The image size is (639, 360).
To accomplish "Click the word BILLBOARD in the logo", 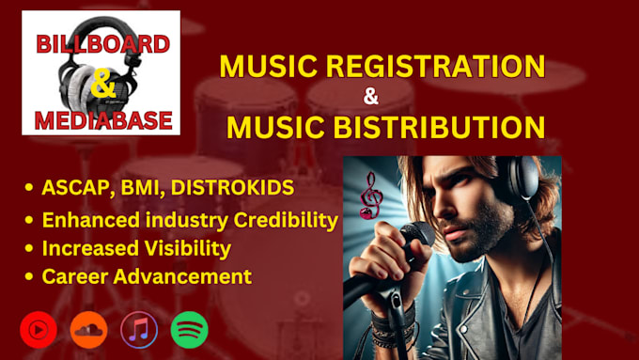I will click(x=101, y=43).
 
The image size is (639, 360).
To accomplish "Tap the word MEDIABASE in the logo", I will click(x=101, y=119).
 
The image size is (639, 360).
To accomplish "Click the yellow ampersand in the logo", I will click(x=101, y=82).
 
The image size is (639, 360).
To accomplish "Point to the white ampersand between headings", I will click(x=370, y=96).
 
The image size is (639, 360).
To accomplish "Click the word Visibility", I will click(x=188, y=249).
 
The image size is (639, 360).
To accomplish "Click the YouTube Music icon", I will click(x=39, y=329).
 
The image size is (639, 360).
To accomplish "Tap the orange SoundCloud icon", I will click(x=89, y=329).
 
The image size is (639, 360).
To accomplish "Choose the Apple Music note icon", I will click(x=139, y=329).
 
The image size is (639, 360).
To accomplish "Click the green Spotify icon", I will click(x=189, y=329).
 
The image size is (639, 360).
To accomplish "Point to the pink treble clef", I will click(x=371, y=195).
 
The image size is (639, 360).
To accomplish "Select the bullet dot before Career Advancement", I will click(x=30, y=277).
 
